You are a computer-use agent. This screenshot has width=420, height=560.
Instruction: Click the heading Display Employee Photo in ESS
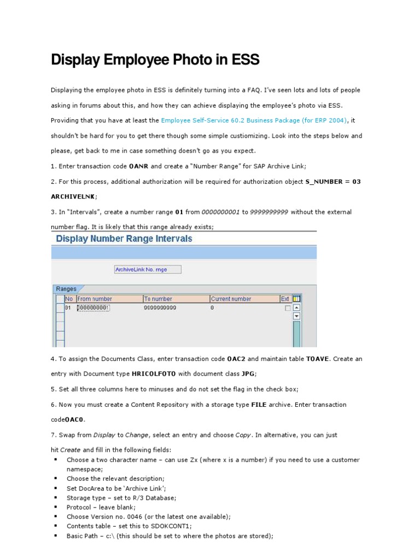pyautogui.click(x=155, y=60)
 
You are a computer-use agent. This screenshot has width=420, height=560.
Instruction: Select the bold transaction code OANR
pyautogui.click(x=138, y=166)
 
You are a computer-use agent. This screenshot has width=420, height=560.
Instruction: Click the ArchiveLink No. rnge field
pyautogui.click(x=148, y=270)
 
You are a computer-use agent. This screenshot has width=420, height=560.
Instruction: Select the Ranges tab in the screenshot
pyautogui.click(x=66, y=289)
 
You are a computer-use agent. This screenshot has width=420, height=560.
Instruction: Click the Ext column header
pyautogui.click(x=285, y=299)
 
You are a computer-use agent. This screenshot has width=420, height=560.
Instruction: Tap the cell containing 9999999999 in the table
pyautogui.click(x=161, y=308)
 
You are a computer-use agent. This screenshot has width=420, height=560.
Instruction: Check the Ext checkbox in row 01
pyautogui.click(x=288, y=308)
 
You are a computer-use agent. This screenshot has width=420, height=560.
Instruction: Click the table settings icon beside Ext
pyautogui.click(x=296, y=299)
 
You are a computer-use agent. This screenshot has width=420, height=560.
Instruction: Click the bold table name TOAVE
pyautogui.click(x=318, y=359)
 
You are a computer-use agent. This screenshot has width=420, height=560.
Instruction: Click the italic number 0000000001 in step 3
pyautogui.click(x=221, y=212)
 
